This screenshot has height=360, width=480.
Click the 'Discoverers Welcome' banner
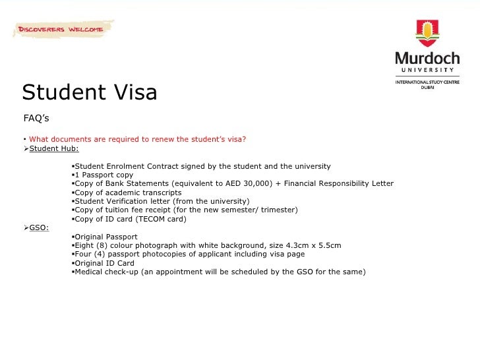[60, 30]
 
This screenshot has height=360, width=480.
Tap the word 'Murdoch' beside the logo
[427, 58]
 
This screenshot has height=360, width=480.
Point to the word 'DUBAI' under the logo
[427, 88]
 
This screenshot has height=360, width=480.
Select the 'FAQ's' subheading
[36, 119]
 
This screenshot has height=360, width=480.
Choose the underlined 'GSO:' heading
[39, 227]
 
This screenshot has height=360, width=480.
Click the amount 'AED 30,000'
[247, 183]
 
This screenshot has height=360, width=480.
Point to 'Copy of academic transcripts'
[128, 193]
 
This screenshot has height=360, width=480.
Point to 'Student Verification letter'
[126, 201]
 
